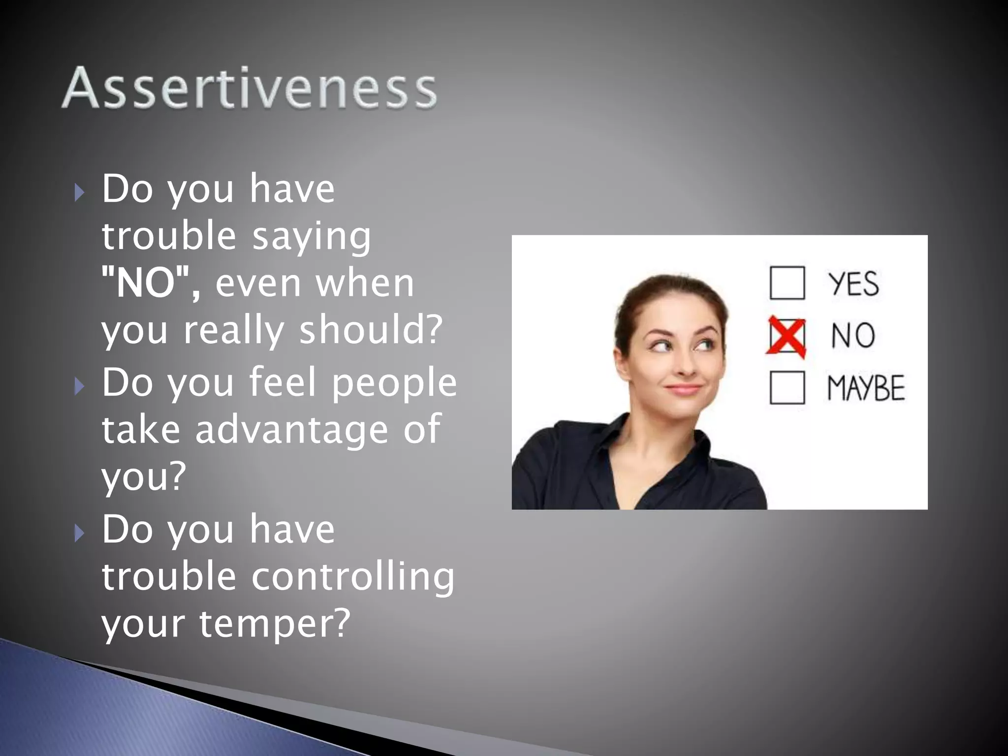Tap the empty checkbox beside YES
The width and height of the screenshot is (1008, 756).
(787, 283)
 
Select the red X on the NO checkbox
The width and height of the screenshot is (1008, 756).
(787, 337)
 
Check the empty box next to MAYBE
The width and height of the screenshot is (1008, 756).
(787, 388)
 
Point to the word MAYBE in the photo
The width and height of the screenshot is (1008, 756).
(866, 388)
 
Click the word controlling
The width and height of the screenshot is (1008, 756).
(353, 576)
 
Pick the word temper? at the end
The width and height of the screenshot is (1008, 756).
(274, 623)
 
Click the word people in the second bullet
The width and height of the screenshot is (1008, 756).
(394, 383)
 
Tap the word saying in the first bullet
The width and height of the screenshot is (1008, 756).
(312, 236)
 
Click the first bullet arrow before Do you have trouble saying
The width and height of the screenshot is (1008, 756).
(79, 192)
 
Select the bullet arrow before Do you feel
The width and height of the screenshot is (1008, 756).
(79, 386)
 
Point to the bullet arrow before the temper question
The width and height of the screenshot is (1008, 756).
(79, 533)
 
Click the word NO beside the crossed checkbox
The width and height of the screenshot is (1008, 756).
(853, 336)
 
